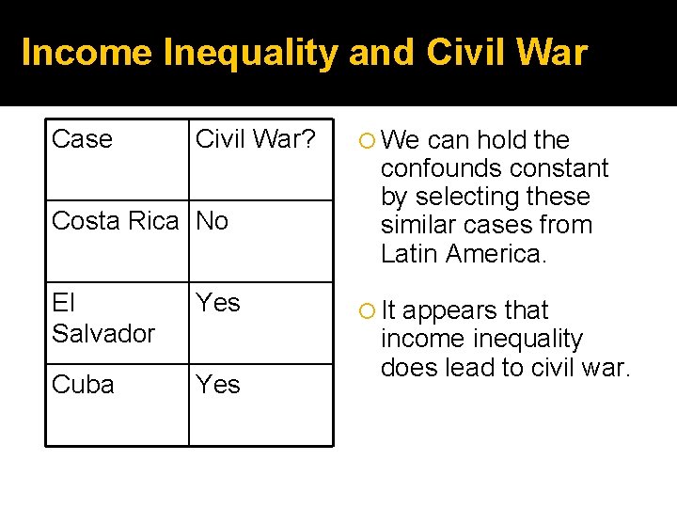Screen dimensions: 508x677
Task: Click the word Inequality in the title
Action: (250, 53)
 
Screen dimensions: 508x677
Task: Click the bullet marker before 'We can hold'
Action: (367, 141)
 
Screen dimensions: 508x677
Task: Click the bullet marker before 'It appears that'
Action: (367, 311)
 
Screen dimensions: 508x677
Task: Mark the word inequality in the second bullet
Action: (530, 339)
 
